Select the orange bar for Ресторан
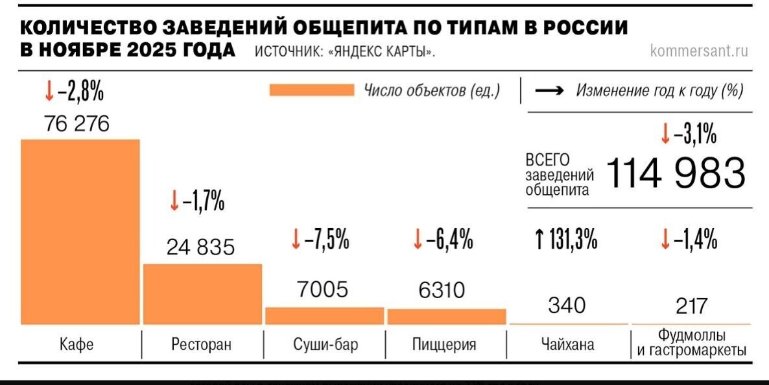202,293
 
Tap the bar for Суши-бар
324,316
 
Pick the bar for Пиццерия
446,317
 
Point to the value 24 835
200,247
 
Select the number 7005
322,290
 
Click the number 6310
442,290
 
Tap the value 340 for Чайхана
566,304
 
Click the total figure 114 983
675,173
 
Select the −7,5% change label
327,241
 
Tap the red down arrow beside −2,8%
49,93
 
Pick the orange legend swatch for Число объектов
311,90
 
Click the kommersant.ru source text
699,51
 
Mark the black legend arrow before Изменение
549,91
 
